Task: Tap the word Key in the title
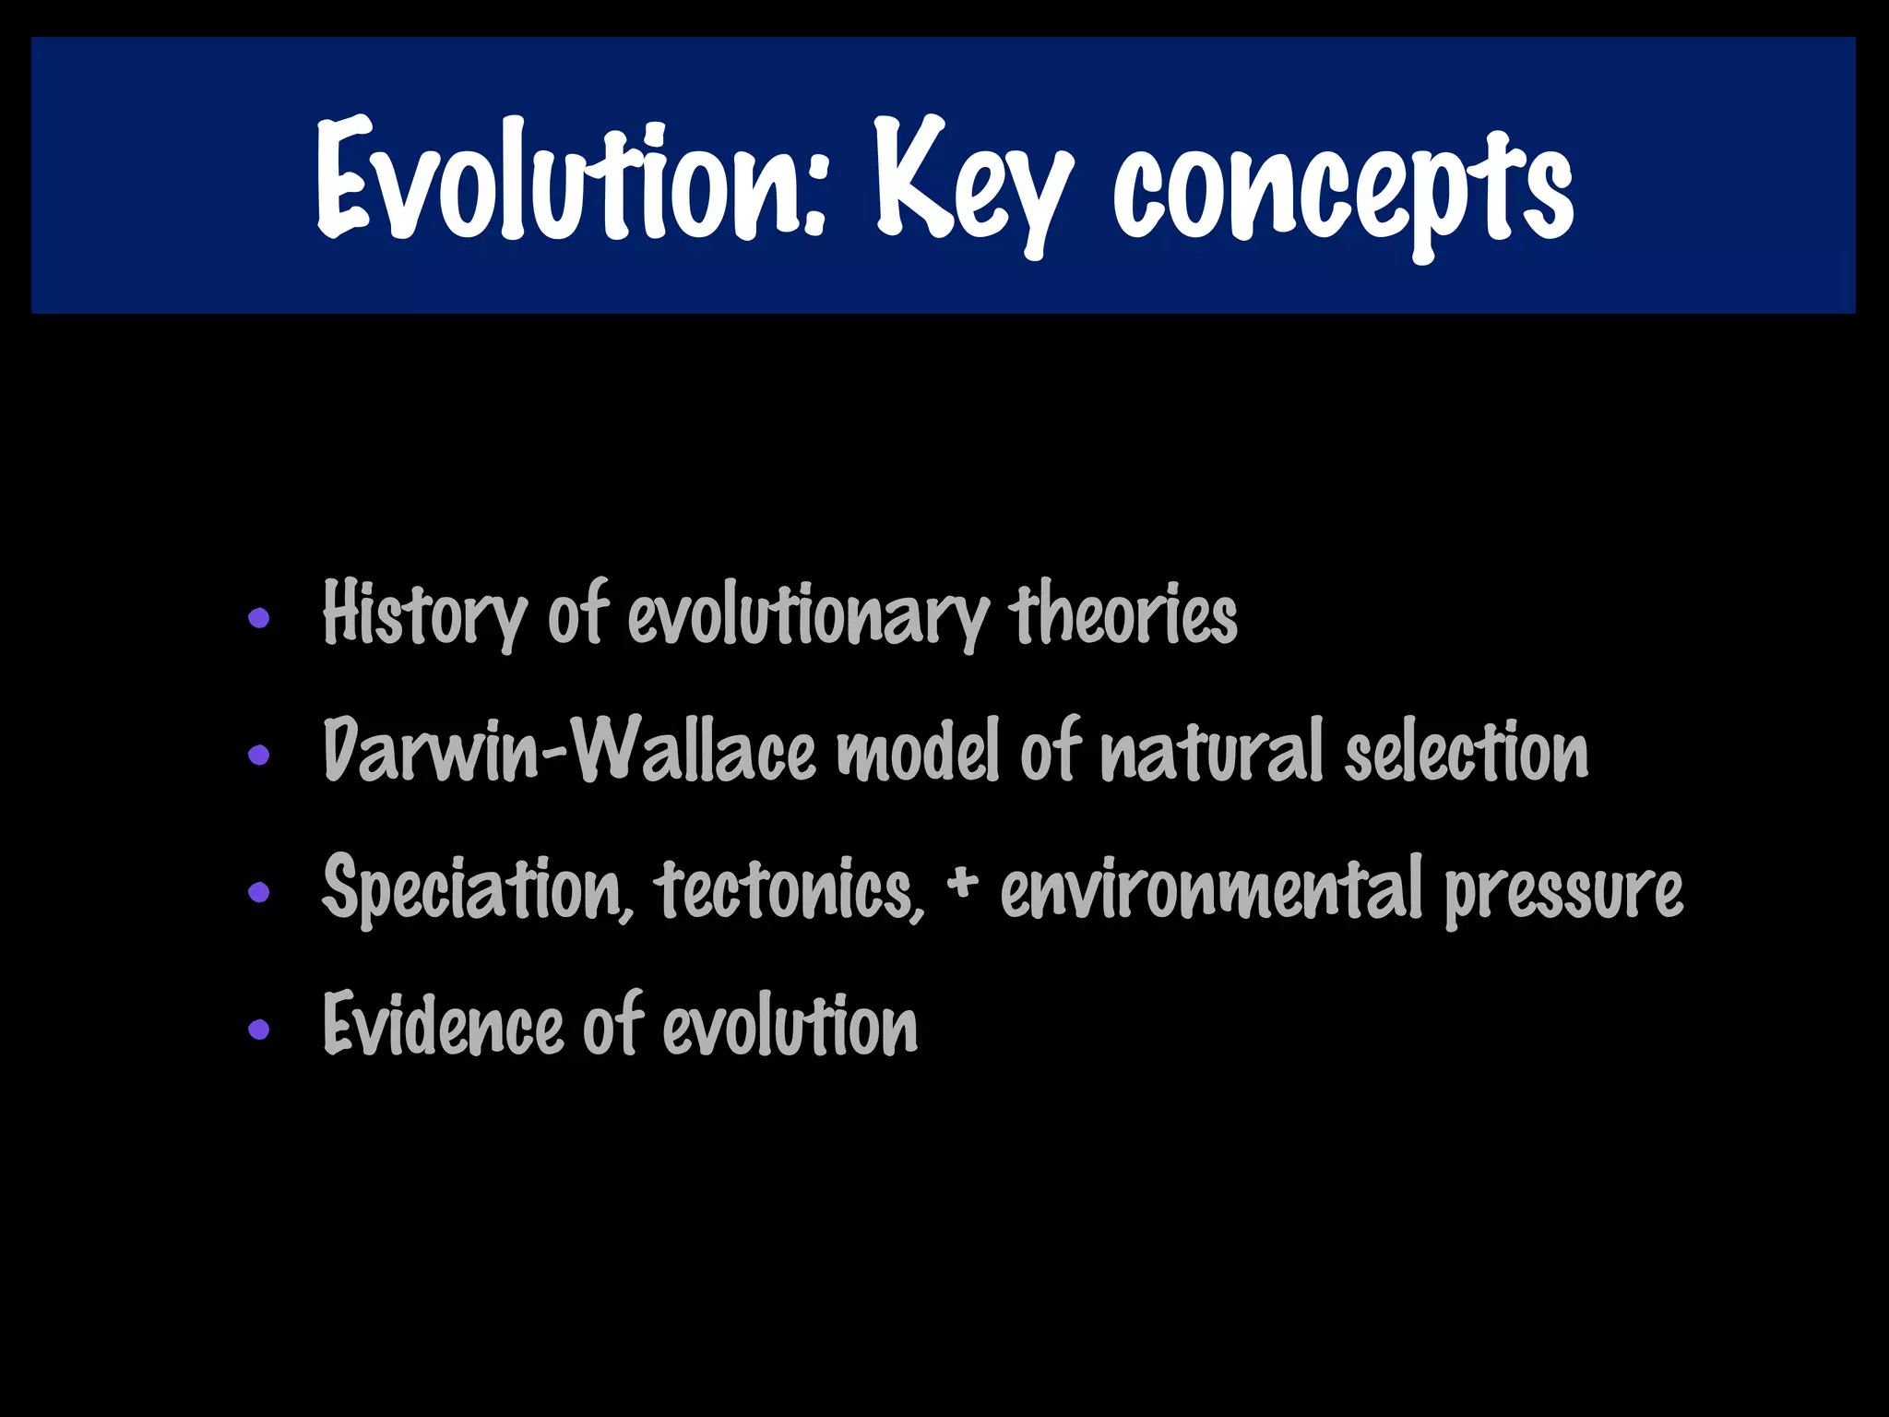[973, 185]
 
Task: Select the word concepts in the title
[1342, 189]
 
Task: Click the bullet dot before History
[259, 618]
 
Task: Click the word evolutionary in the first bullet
[808, 615]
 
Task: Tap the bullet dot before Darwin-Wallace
[259, 756]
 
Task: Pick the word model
[918, 751]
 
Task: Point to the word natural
[1212, 751]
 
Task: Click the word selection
[1466, 751]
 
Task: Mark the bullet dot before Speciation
[259, 892]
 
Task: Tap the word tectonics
[789, 888]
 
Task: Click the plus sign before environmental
[961, 881]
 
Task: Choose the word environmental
[1210, 888]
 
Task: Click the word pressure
[1563, 890]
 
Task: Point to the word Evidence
[443, 1025]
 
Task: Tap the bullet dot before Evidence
[259, 1029]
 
